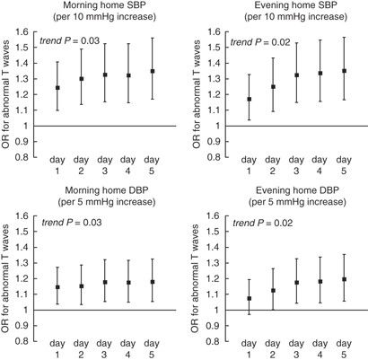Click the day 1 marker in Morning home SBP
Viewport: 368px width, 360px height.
pyautogui.click(x=58, y=88)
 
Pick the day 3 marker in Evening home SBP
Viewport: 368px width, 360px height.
pyautogui.click(x=296, y=75)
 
